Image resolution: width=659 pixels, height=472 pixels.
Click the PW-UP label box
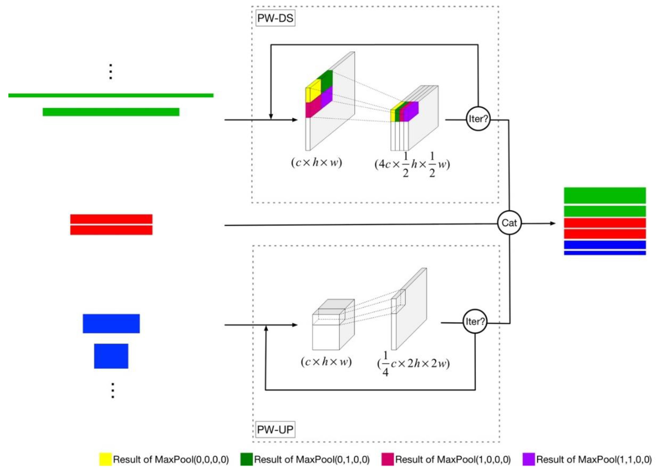coord(275,429)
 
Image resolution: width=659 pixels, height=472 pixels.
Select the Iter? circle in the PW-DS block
coord(478,119)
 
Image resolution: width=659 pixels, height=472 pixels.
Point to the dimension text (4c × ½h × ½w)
coord(412,164)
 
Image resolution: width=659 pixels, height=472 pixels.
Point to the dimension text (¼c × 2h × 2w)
coord(413,363)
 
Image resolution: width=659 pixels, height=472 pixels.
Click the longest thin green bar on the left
coord(111,95)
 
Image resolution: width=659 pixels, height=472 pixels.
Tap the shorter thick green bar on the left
coord(111,112)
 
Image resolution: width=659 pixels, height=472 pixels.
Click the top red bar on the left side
coord(111,219)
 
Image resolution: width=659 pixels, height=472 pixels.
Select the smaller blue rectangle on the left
coord(111,356)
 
